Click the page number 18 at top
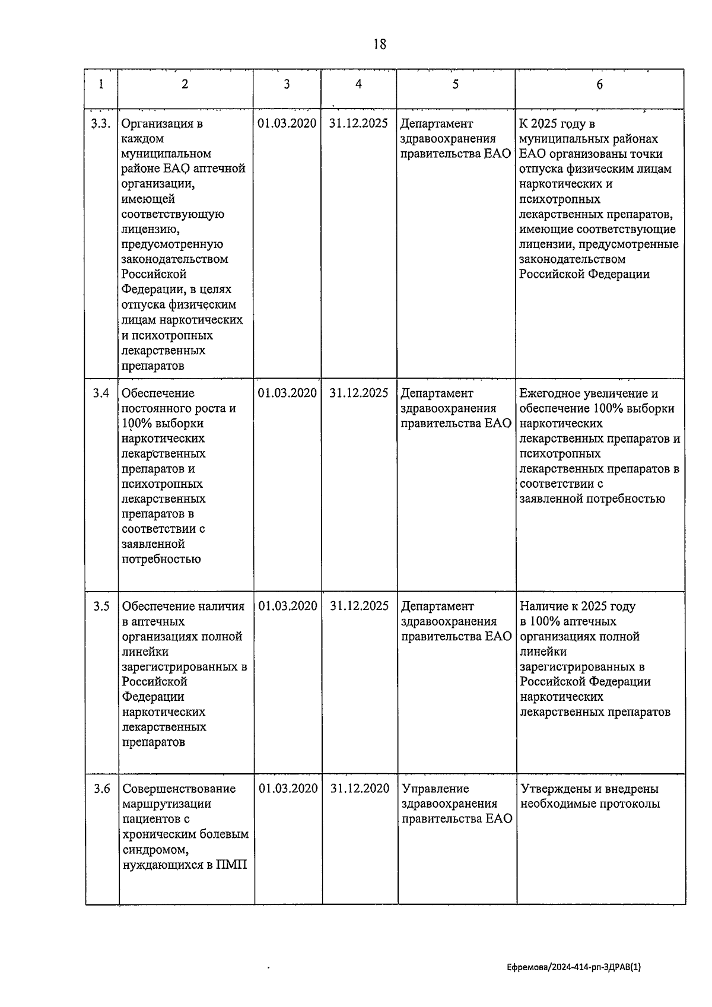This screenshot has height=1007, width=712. click(x=380, y=44)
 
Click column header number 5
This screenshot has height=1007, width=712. click(x=455, y=84)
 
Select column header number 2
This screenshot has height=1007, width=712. click(x=185, y=84)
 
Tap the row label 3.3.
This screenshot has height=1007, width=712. click(x=101, y=123)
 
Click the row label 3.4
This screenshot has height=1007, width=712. click(x=101, y=393)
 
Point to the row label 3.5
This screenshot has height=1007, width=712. click(x=101, y=606)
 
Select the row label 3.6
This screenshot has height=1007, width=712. click(x=101, y=789)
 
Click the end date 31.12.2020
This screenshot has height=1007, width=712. click(x=360, y=789)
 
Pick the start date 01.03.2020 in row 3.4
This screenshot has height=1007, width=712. click(x=287, y=393)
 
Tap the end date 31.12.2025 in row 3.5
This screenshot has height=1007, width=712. click(x=359, y=606)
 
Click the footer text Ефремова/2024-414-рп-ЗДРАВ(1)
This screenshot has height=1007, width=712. click(x=574, y=967)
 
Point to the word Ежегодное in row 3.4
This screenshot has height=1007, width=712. click(x=549, y=393)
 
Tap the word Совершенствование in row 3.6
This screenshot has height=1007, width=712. click(x=179, y=789)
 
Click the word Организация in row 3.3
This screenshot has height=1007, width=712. click(x=157, y=123)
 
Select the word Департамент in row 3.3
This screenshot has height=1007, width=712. click(x=437, y=123)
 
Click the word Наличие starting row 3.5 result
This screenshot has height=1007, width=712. click(x=544, y=606)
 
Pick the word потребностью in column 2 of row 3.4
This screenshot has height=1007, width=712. click(x=161, y=559)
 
